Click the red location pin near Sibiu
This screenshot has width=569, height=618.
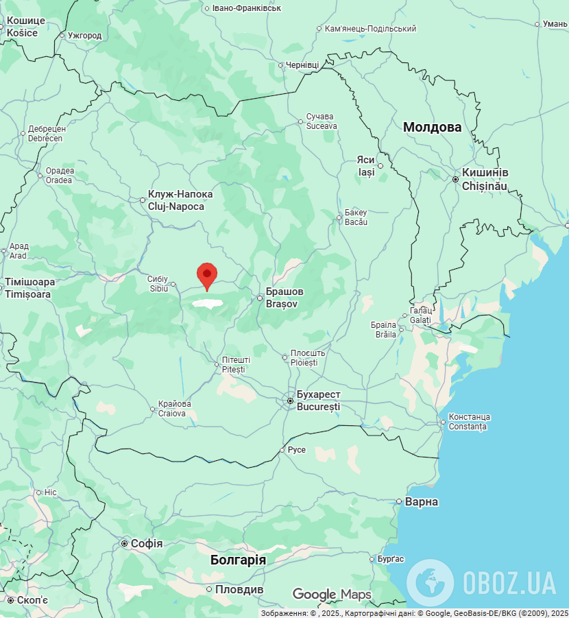(x=207, y=276)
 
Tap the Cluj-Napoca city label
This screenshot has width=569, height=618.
(x=180, y=200)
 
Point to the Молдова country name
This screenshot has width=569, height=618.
(x=432, y=128)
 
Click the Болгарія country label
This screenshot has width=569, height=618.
(x=238, y=560)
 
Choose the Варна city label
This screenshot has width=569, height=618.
(x=422, y=502)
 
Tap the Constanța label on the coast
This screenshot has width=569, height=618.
(x=469, y=422)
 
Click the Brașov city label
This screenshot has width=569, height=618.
(x=284, y=297)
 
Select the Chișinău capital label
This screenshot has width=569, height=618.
(x=484, y=180)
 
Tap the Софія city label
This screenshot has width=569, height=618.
(x=146, y=544)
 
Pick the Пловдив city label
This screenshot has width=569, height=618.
(x=239, y=590)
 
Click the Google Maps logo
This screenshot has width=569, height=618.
(x=332, y=595)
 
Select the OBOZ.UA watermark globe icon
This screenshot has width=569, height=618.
(x=430, y=582)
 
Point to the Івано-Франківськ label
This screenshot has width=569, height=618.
(x=247, y=8)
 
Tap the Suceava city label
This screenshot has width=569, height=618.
(x=322, y=121)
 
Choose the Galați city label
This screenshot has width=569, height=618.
(x=420, y=316)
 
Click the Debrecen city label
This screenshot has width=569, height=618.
(x=46, y=134)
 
